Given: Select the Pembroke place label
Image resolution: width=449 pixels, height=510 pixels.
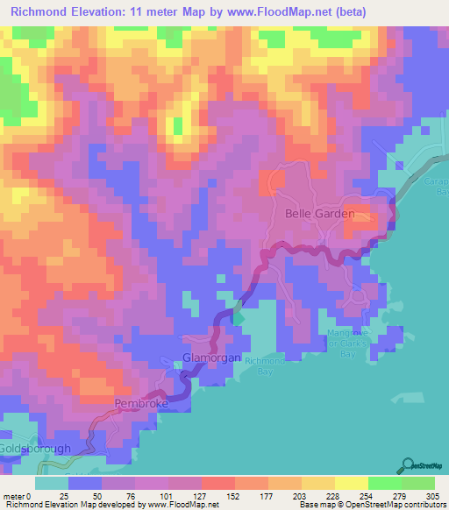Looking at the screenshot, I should click(140, 404).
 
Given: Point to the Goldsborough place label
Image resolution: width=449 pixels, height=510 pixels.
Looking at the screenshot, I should click(35, 448).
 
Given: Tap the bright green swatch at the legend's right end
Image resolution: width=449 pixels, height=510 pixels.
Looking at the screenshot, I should click(417, 483).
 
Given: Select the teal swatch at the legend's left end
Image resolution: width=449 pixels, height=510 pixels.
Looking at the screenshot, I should click(52, 483).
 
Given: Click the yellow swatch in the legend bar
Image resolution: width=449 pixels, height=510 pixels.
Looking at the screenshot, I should click(351, 483).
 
